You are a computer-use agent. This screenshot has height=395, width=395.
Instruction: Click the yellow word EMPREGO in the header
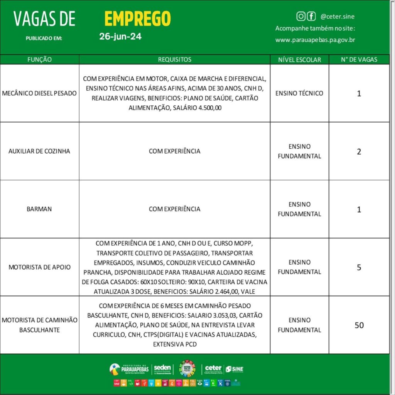[137, 18]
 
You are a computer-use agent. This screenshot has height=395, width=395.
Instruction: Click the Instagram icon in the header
[301, 16]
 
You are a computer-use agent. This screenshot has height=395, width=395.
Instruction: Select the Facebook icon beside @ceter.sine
[311, 16]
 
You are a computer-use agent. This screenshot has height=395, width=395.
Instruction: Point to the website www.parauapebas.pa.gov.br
[315, 40]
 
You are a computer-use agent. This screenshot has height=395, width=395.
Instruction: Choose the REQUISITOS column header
[174, 59]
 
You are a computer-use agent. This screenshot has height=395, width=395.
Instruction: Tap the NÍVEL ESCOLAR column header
[299, 59]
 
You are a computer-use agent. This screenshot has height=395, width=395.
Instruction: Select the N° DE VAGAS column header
[359, 59]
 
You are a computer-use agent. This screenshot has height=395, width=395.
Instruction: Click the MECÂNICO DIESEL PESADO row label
[39, 93]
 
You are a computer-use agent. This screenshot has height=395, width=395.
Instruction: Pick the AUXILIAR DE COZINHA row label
[39, 151]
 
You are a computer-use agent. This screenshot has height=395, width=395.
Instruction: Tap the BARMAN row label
[39, 209]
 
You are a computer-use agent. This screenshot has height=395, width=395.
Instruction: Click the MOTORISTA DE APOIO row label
[39, 267]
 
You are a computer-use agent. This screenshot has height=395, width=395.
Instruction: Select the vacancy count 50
[359, 325]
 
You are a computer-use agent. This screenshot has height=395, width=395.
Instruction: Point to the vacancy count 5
[359, 267]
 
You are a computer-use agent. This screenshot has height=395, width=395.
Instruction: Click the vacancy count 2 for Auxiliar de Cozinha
[359, 152]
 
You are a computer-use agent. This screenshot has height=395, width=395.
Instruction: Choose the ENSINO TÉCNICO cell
[299, 93]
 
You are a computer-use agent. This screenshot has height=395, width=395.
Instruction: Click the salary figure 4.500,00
[208, 108]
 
